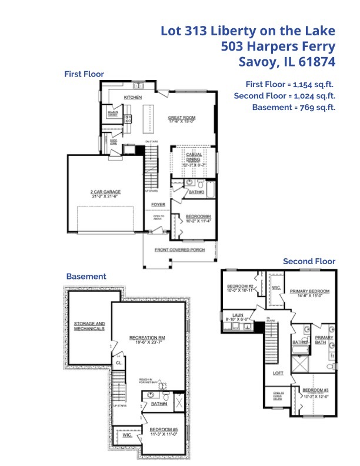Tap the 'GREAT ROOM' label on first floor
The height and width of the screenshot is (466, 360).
click(181, 118)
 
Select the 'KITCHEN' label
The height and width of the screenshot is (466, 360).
click(132, 97)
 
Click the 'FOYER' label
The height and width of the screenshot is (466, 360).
click(158, 205)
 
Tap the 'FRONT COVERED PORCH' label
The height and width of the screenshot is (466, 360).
click(179, 250)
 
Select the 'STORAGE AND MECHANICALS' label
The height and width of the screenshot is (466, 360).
click(89, 326)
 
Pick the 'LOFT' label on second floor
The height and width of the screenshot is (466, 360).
click(278, 373)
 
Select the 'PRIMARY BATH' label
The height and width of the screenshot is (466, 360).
click(324, 340)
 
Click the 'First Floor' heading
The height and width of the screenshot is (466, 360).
click(84, 74)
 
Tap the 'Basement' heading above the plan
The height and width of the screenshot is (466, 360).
click(86, 276)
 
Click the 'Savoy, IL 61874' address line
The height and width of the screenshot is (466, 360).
click(286, 61)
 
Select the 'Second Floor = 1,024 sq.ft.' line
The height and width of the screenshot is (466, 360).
click(284, 95)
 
